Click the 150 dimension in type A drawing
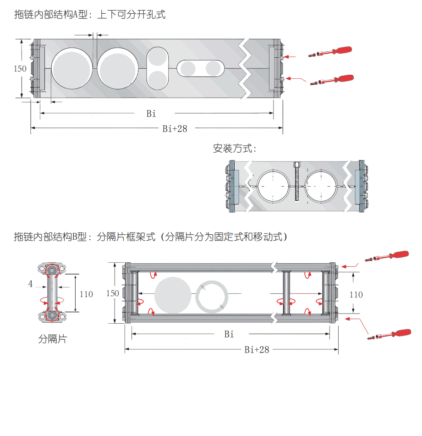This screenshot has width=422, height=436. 20,69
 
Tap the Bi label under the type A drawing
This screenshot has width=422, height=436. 151,113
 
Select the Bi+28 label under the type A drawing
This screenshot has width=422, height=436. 175,129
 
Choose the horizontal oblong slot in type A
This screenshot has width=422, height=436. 201,69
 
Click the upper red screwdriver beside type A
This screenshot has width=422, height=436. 332,52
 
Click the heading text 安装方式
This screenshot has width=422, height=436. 234,149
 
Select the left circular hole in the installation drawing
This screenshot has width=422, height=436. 274,187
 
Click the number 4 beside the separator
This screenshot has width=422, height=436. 30,284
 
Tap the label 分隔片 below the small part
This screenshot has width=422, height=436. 52,339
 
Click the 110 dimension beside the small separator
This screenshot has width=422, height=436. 86,294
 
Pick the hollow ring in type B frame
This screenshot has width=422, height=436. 212,297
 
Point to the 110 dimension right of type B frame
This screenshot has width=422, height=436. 356,294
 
